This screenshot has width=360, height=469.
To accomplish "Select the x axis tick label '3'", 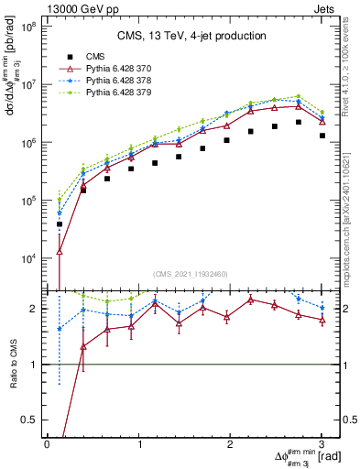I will [322, 443].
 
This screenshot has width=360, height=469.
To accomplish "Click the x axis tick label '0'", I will [47, 443].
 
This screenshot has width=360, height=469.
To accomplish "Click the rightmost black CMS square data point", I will [322, 136].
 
